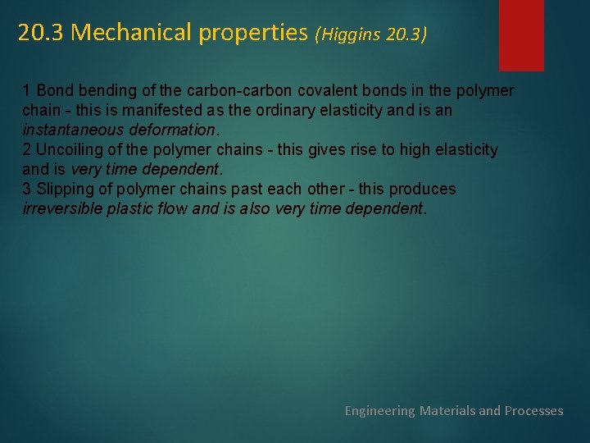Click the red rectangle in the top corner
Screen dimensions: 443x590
[x=521, y=34]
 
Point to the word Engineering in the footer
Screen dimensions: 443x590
[x=380, y=410]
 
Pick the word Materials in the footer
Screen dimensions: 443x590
[x=447, y=410]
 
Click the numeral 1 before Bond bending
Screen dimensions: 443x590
[x=27, y=90]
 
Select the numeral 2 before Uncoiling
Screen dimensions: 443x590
[x=27, y=149]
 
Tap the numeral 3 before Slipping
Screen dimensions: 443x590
[x=27, y=189]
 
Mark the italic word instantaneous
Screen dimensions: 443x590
[x=74, y=130]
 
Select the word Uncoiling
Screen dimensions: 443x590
[x=69, y=149]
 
